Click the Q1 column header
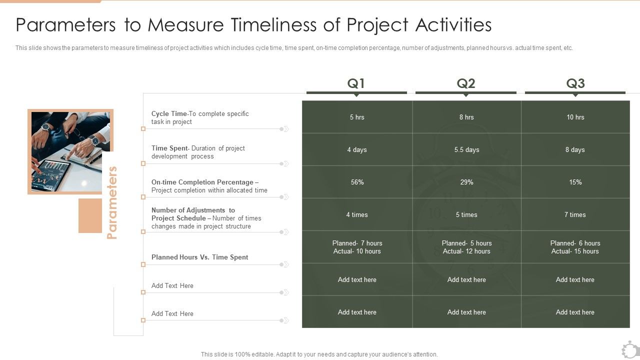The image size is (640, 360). click(x=356, y=83)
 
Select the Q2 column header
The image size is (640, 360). click(x=466, y=83)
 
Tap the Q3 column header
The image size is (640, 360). click(x=575, y=83)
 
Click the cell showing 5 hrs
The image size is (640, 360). click(x=357, y=117)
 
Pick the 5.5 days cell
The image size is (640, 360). click(x=466, y=150)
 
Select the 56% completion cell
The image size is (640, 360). click(x=357, y=182)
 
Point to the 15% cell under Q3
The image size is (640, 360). click(x=575, y=182)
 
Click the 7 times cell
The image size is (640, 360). click(x=575, y=215)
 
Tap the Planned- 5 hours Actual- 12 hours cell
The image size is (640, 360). click(x=466, y=247)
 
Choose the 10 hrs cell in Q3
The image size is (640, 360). click(x=575, y=117)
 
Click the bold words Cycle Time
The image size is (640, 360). click(x=169, y=114)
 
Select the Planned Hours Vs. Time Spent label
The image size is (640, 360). click(x=199, y=257)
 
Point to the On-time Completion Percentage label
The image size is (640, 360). click(x=202, y=182)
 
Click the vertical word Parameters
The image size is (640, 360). click(x=112, y=202)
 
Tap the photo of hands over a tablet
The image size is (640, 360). click(x=70, y=151)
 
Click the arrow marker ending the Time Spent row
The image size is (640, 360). click(x=284, y=163)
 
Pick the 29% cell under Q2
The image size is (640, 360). click(x=466, y=182)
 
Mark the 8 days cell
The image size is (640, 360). click(x=575, y=150)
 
